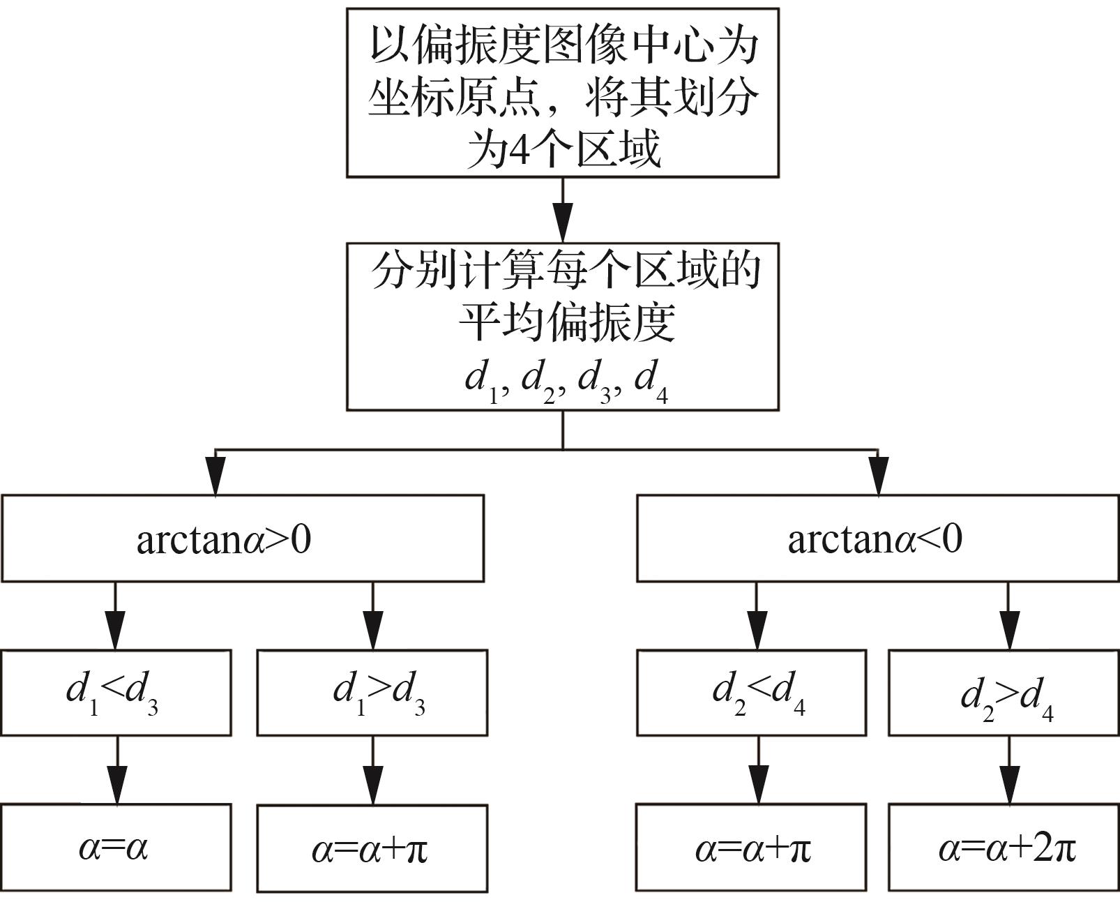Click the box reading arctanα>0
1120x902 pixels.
pyautogui.click(x=243, y=538)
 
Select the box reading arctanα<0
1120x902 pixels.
pyautogui.click(x=877, y=538)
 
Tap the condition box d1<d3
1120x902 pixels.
pyautogui.click(x=116, y=692)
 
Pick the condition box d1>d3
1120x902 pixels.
pyautogui.click(x=372, y=692)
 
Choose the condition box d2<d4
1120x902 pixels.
pyautogui.click(x=751, y=692)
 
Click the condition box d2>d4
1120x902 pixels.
pyautogui.click(x=1004, y=693)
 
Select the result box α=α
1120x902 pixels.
pyautogui.click(x=116, y=848)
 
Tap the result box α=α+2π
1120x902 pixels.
pyautogui.click(x=1004, y=848)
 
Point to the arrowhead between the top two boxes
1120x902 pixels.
pyautogui.click(x=563, y=223)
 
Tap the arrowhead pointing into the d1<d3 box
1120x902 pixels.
pyautogui.click(x=116, y=631)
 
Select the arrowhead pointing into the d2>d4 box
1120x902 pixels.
pyautogui.click(x=1008, y=631)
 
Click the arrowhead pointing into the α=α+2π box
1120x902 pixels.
pyautogui.click(x=1008, y=786)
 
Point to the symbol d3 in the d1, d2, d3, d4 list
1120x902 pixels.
pyautogui.click(x=594, y=381)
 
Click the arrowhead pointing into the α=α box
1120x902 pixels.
pyautogui.click(x=117, y=786)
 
